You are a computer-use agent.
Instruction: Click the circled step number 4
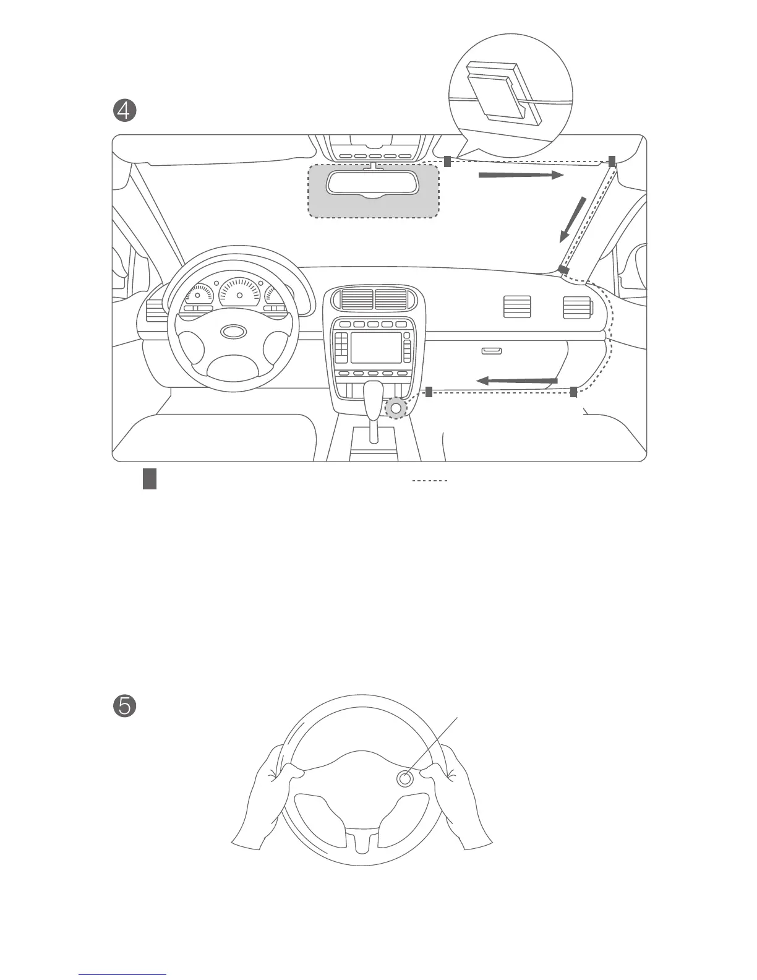[124, 111]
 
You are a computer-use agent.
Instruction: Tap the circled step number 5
[124, 706]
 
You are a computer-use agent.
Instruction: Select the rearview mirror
[373, 184]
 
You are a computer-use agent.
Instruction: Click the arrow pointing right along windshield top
[521, 176]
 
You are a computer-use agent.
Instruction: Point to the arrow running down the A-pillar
[573, 219]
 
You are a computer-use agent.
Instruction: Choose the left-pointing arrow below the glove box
[516, 380]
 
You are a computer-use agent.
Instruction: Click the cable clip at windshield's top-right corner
[612, 161]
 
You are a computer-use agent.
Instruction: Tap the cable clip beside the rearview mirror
[447, 161]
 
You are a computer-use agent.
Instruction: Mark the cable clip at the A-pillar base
[563, 270]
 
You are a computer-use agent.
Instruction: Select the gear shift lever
[373, 408]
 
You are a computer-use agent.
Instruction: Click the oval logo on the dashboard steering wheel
[233, 332]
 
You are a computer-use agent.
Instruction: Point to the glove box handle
[492, 351]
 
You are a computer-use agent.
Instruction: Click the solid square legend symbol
[149, 479]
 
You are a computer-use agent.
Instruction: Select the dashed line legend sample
[429, 480]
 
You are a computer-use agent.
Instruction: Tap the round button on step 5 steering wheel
[404, 779]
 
